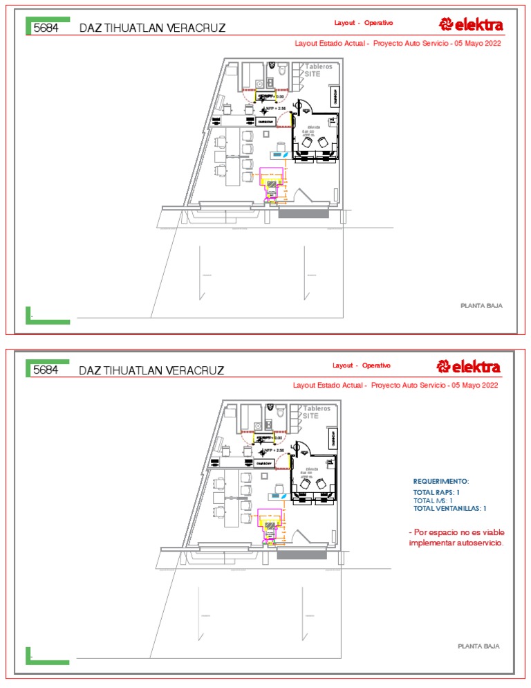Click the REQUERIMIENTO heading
[441, 481]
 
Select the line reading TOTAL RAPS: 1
[436, 492]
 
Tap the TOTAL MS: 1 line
[433, 500]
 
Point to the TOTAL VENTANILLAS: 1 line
[450, 508]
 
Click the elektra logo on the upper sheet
[472, 26]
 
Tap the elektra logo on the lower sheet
[469, 366]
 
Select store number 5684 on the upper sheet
[46, 28]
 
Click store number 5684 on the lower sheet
[46, 370]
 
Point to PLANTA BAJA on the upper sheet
[481, 305]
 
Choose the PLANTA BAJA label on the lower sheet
[478, 646]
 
